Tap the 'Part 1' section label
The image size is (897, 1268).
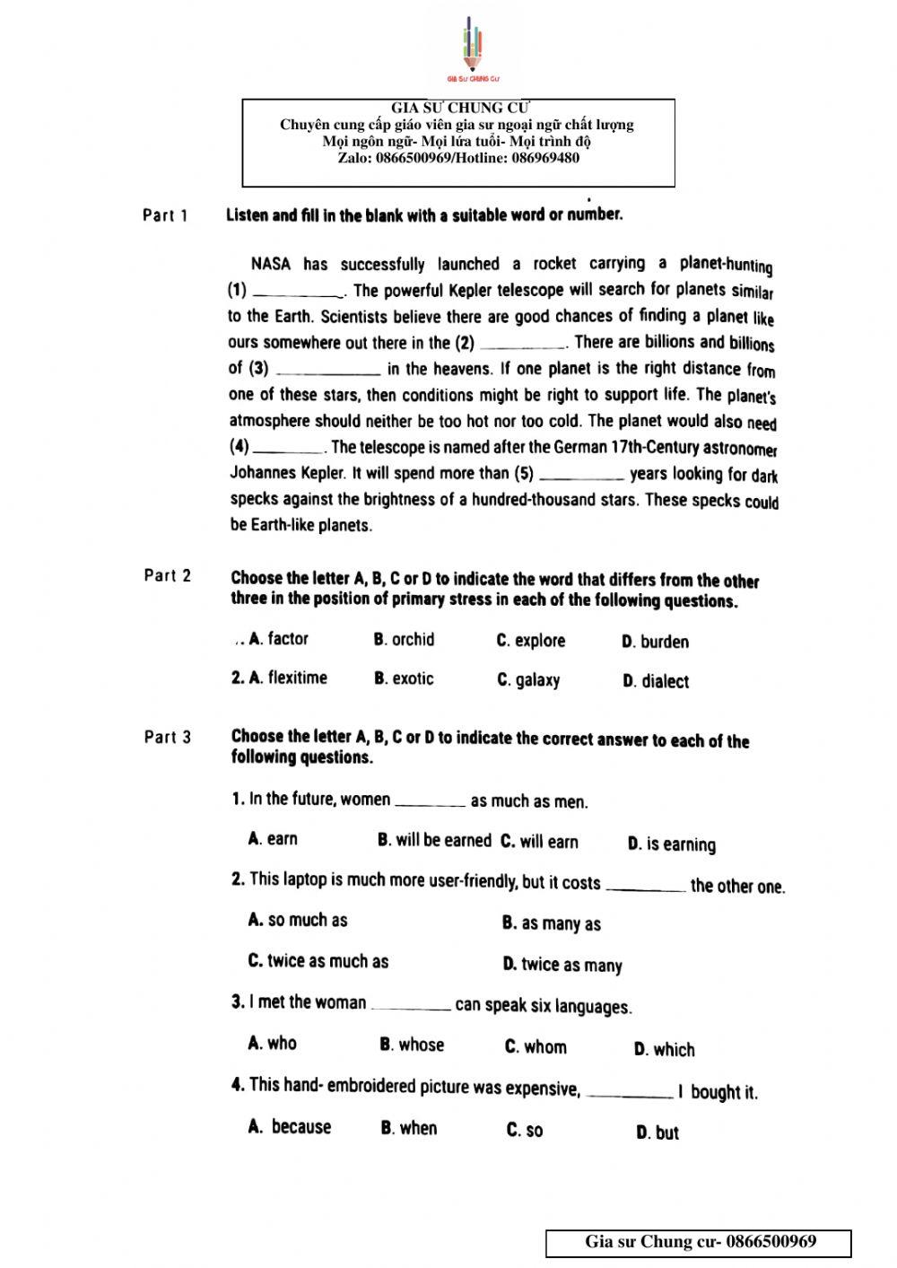165,215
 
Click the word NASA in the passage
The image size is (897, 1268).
271,265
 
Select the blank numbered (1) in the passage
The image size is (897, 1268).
297,291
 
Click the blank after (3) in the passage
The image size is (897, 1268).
328,369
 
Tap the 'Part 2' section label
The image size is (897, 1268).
168,576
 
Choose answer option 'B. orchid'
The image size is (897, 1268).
404,640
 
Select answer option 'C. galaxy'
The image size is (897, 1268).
528,680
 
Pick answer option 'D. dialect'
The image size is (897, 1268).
656,682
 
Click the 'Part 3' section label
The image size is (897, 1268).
168,738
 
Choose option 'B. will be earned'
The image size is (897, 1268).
434,841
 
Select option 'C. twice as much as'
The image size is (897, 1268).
318,961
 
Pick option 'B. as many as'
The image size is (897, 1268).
552,923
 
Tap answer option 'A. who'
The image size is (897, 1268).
273,1043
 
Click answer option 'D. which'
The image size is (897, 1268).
664,1049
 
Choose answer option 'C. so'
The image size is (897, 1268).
525,1131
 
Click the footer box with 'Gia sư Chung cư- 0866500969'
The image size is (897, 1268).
699,1243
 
